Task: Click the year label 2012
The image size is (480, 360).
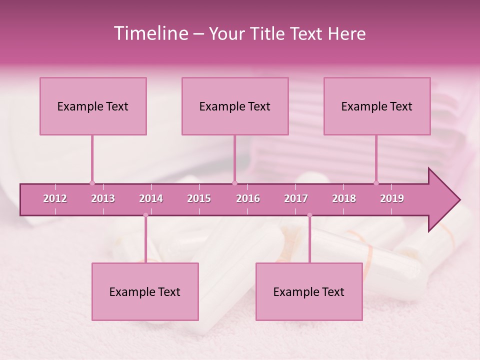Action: tap(55, 198)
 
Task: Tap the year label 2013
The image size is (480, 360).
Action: tap(103, 198)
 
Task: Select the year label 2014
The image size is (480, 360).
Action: tap(151, 198)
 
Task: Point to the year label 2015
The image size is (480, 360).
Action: tap(199, 198)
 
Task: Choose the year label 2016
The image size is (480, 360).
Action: tap(248, 198)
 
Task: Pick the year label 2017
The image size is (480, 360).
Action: tap(296, 198)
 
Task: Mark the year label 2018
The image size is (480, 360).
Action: tap(344, 198)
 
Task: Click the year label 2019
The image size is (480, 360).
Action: tap(392, 198)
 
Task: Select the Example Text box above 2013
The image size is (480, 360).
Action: tap(93, 106)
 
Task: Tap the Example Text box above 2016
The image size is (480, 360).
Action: tap(235, 106)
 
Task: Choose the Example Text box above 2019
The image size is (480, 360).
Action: tap(377, 106)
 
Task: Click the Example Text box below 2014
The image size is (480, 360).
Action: tap(145, 292)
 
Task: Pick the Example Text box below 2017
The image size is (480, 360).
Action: tap(309, 292)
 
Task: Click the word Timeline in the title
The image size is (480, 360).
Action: tap(150, 33)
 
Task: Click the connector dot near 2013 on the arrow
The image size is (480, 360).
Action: tap(92, 183)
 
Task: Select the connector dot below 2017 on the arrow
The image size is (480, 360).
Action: tap(309, 215)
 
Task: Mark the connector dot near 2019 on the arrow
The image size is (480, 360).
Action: tap(376, 183)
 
